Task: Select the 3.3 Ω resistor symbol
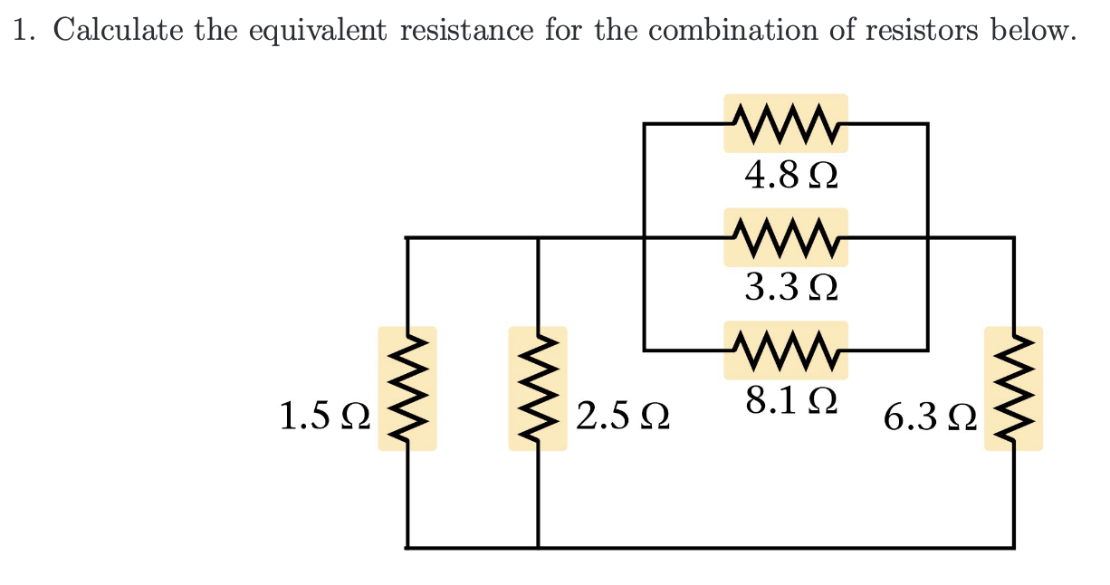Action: coord(786,237)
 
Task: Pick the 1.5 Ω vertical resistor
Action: coord(407,388)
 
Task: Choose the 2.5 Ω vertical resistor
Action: coord(538,388)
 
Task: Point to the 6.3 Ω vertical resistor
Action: coord(1013,388)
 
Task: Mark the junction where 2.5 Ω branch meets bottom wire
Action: coord(538,547)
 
